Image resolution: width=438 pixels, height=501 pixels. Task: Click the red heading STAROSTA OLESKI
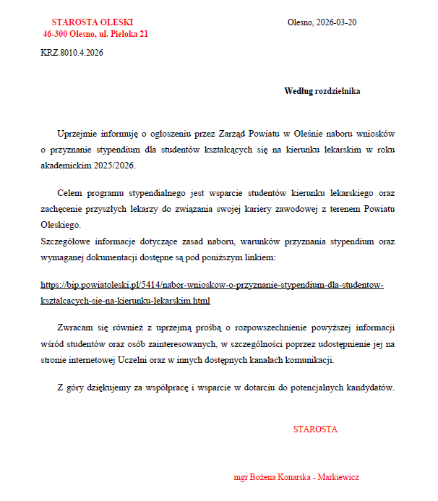point(93,22)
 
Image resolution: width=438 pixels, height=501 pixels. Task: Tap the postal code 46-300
point(56,34)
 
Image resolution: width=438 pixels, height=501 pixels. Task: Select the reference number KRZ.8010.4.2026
point(72,52)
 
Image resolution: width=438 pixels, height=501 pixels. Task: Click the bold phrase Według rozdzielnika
point(322,92)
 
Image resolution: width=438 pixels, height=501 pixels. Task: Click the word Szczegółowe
point(67,241)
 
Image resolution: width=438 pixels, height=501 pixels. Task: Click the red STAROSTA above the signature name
point(315,429)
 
